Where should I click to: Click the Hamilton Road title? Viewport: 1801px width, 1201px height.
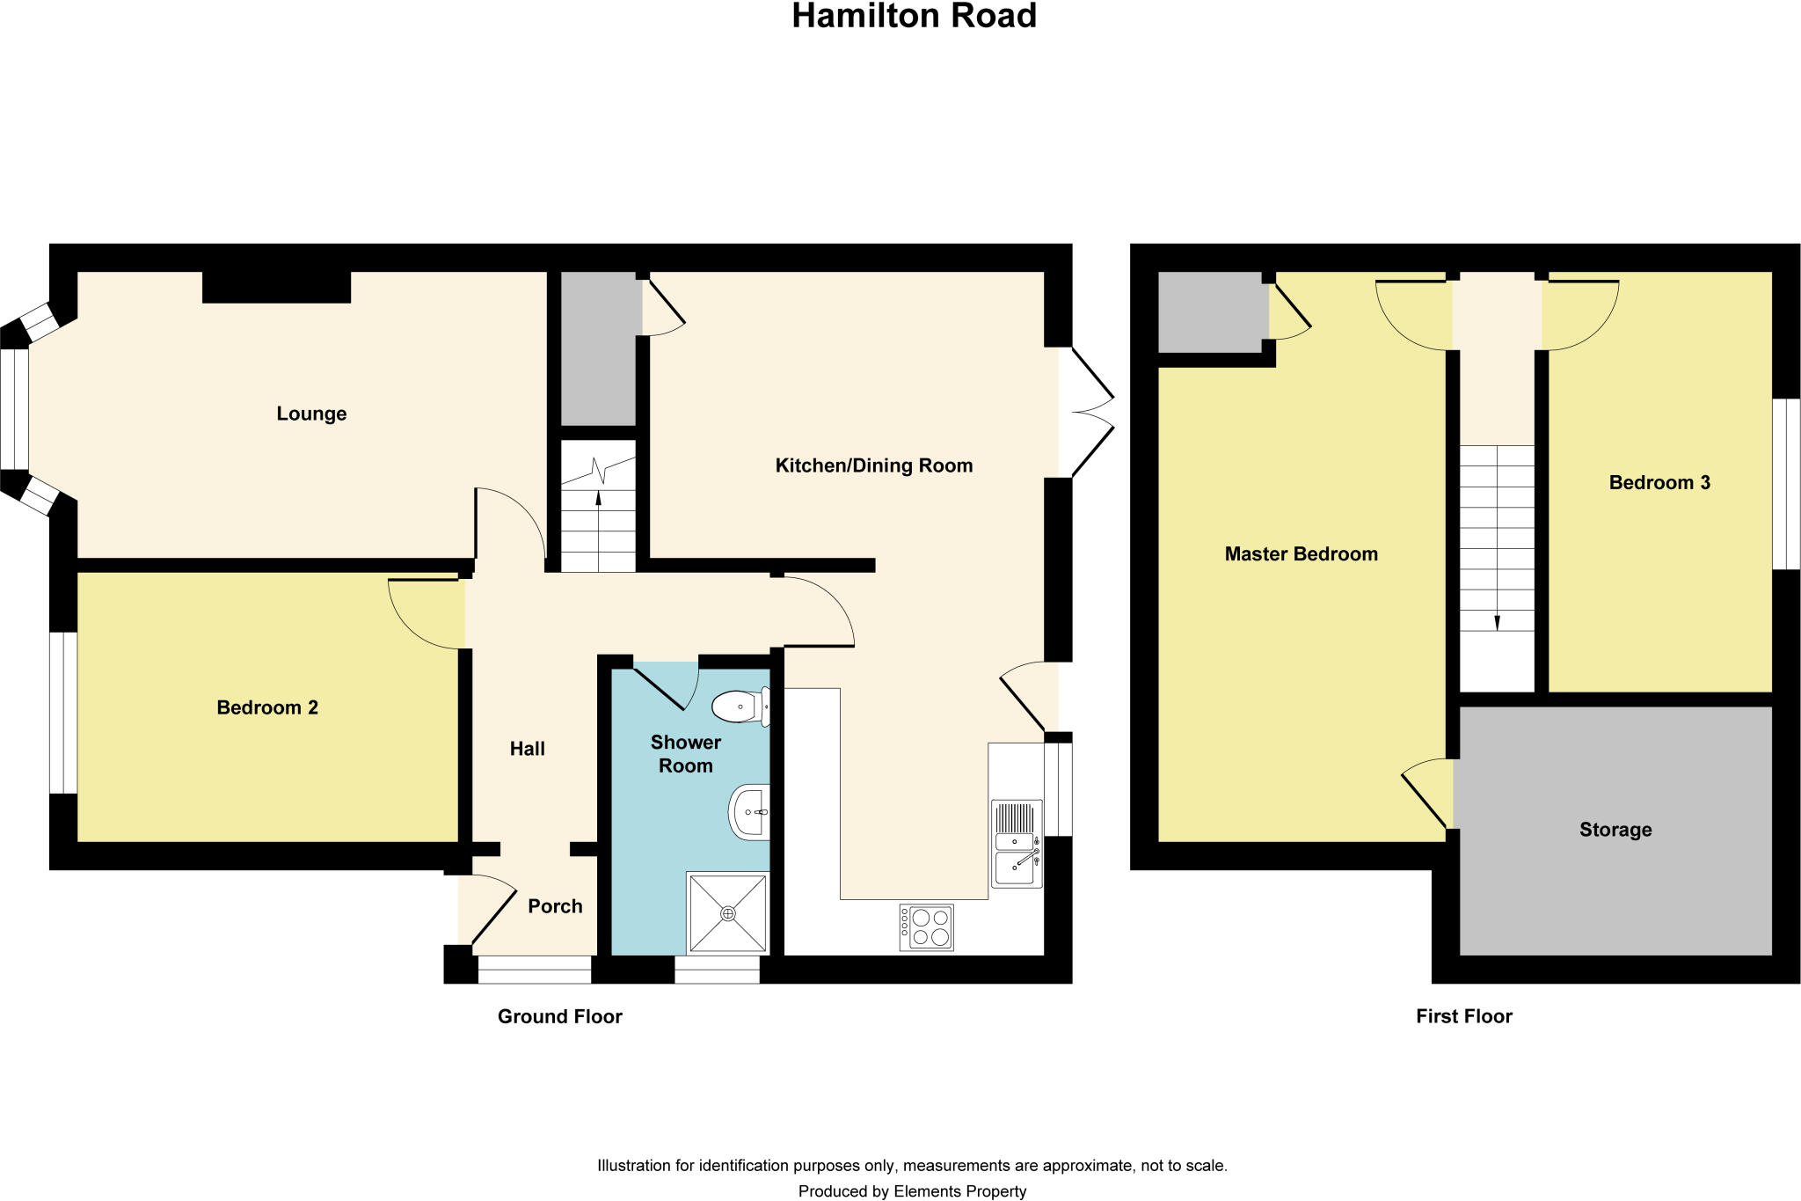914,17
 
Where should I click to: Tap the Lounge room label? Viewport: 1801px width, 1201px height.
311,414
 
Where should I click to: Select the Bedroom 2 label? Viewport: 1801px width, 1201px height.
267,707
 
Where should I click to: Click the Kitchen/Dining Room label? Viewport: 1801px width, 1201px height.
873,465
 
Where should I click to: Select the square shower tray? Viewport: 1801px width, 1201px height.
728,913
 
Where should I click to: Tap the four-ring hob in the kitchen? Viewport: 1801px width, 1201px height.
926,927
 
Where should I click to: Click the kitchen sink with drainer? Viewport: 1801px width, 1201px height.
1017,843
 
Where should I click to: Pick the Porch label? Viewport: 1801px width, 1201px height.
555,906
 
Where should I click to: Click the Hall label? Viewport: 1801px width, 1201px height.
528,749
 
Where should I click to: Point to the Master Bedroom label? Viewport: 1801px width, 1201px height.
1301,554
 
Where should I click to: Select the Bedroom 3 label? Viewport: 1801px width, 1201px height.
1659,482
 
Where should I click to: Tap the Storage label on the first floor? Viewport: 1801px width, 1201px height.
1615,830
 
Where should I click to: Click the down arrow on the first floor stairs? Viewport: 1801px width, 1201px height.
1497,620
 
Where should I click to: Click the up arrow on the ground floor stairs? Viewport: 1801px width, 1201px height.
599,499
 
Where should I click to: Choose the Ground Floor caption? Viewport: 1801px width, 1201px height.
560,1016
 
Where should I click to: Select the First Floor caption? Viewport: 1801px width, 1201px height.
1464,1016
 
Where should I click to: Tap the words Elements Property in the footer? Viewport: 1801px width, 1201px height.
959,1191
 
